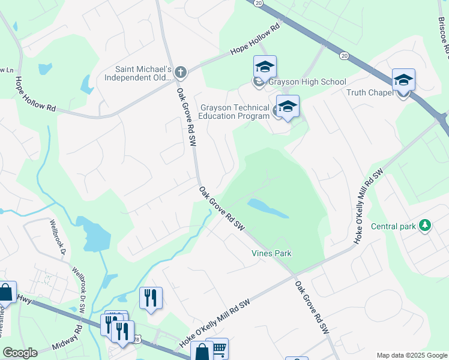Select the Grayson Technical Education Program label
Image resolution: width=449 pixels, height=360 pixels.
click(x=234, y=112)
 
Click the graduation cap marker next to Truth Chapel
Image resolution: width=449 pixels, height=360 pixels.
click(x=403, y=80)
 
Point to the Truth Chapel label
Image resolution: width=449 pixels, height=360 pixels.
click(x=369, y=92)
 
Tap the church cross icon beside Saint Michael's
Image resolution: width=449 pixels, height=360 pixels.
click(x=181, y=73)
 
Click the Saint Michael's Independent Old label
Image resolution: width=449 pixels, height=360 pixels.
click(x=138, y=73)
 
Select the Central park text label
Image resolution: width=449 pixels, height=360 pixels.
click(x=393, y=226)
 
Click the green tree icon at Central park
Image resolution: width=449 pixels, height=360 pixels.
click(x=425, y=226)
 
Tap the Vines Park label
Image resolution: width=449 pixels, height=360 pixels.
click(x=271, y=253)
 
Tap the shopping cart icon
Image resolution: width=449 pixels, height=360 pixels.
click(x=220, y=347)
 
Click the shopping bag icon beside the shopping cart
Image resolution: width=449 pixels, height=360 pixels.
click(x=202, y=352)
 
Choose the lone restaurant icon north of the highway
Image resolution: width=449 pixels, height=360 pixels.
click(x=151, y=297)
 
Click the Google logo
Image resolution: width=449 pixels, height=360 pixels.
click(x=20, y=353)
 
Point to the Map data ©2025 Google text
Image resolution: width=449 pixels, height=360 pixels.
click(x=411, y=355)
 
